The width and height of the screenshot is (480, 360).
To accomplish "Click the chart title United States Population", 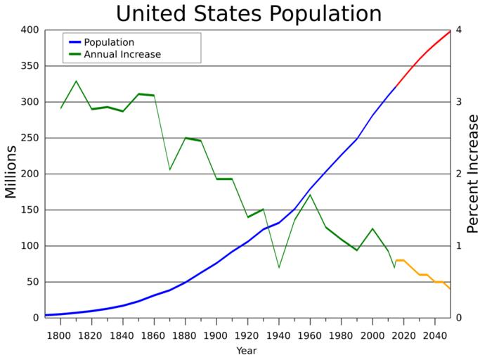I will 248,13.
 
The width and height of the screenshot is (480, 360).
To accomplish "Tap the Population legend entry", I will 109,42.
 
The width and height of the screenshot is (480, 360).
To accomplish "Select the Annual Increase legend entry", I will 122,54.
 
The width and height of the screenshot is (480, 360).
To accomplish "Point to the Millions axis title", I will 11,173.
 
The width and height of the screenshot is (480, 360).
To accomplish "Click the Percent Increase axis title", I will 472,173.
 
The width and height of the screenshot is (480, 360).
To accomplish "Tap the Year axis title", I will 246,350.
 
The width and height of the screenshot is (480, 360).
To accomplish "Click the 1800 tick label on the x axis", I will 60,335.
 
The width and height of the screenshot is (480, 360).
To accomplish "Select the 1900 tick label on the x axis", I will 216,335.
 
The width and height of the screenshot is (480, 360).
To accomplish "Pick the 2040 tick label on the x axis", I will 435,335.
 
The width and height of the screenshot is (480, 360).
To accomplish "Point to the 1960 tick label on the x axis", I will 310,335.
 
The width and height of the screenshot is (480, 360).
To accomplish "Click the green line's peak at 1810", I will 76,81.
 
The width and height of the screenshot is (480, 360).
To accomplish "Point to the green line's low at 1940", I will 279,268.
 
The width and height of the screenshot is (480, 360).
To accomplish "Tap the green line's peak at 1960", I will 310,194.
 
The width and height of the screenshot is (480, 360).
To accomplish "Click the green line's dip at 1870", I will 169,169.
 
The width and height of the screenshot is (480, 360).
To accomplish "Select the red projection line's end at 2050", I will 450,31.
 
